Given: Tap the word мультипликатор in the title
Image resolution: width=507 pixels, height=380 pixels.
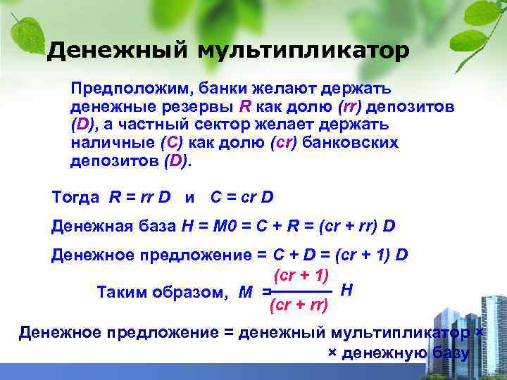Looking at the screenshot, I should [303, 51].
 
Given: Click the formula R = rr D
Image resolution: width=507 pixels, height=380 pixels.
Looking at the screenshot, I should [139, 197].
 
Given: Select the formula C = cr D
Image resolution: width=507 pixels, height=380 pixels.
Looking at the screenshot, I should [242, 197].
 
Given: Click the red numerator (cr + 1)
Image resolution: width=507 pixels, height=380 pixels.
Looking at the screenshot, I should [299, 274].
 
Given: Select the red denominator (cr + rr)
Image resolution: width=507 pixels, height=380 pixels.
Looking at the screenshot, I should [299, 305].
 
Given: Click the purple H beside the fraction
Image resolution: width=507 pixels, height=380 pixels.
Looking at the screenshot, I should [346, 289].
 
